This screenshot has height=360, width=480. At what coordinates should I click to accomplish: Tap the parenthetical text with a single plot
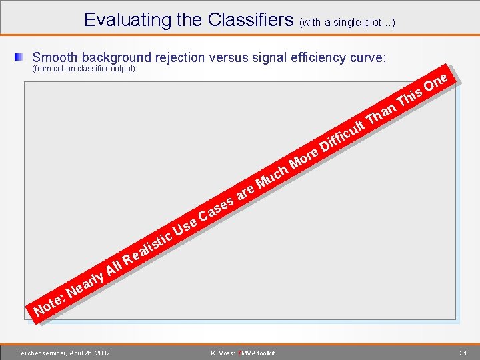click(347, 23)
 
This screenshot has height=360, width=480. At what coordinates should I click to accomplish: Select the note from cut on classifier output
click(84, 69)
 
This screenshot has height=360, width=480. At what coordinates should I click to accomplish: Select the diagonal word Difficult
click(342, 133)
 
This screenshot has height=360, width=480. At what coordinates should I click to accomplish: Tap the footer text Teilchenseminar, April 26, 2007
click(64, 353)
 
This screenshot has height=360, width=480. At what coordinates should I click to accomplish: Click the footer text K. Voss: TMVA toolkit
click(242, 353)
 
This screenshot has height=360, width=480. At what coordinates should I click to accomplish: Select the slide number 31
click(463, 353)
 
